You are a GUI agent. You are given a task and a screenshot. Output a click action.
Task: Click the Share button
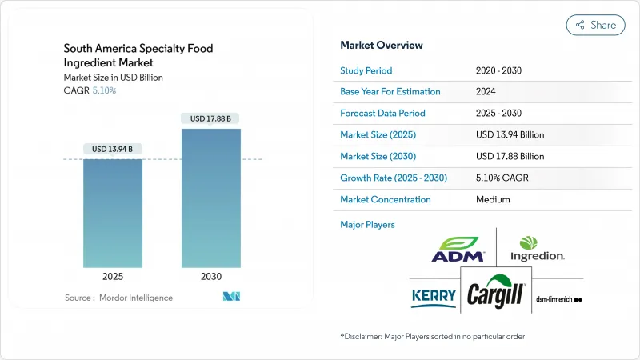596,25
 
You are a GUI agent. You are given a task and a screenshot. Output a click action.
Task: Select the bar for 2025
113,212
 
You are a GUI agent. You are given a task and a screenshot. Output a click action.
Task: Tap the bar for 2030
211,197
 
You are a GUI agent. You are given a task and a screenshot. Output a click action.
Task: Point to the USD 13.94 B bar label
113,149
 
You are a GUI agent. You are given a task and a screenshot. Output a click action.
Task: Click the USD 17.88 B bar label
211,118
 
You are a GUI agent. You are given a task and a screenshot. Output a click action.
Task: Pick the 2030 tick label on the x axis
211,276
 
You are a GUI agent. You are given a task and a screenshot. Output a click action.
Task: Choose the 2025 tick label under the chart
113,276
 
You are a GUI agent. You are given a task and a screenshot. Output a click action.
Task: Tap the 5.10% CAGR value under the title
103,90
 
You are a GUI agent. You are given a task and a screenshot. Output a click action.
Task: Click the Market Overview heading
382,46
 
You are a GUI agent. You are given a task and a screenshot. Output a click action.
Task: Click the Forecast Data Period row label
382,114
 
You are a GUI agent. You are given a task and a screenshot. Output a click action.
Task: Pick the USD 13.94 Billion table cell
510,135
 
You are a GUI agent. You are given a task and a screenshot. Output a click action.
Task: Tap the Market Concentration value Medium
493,200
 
